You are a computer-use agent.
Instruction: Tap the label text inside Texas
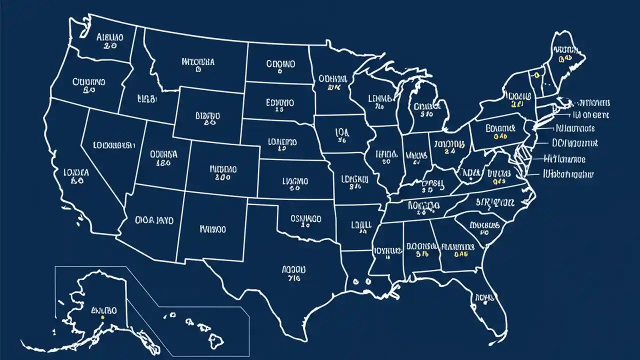click(291, 269)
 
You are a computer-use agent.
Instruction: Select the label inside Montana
click(198, 62)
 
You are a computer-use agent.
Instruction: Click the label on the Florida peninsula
click(484, 297)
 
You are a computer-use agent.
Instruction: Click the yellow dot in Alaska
click(102, 317)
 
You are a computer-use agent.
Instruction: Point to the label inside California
click(76, 172)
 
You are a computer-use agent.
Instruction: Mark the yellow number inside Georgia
click(460, 254)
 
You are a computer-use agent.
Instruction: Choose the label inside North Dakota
click(280, 63)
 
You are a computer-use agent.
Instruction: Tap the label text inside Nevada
click(114, 145)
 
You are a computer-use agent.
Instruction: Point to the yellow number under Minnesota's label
click(333, 87)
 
